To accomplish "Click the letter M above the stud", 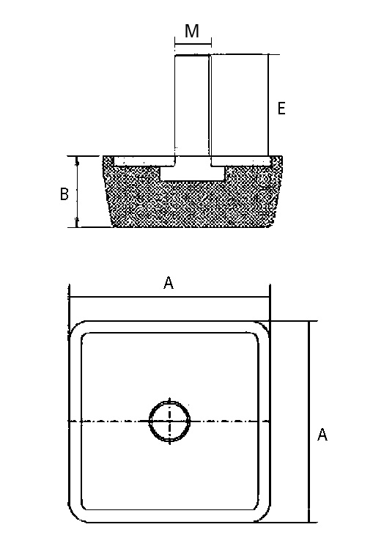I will [x=192, y=31].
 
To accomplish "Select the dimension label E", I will [x=281, y=108].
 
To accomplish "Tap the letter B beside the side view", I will [x=64, y=194].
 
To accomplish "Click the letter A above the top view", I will [x=168, y=284].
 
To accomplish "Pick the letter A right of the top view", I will [x=322, y=435].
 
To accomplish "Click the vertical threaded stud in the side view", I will [x=192, y=106].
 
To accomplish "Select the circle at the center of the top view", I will [x=169, y=421].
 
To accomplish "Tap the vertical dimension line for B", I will [x=78, y=191].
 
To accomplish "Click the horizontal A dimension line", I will [x=169, y=297].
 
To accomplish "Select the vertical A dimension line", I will [x=309, y=421].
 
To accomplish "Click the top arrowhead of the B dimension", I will [x=78, y=159].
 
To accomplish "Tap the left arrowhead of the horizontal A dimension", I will [x=71, y=297].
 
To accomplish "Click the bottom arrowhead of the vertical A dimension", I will [x=309, y=519].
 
